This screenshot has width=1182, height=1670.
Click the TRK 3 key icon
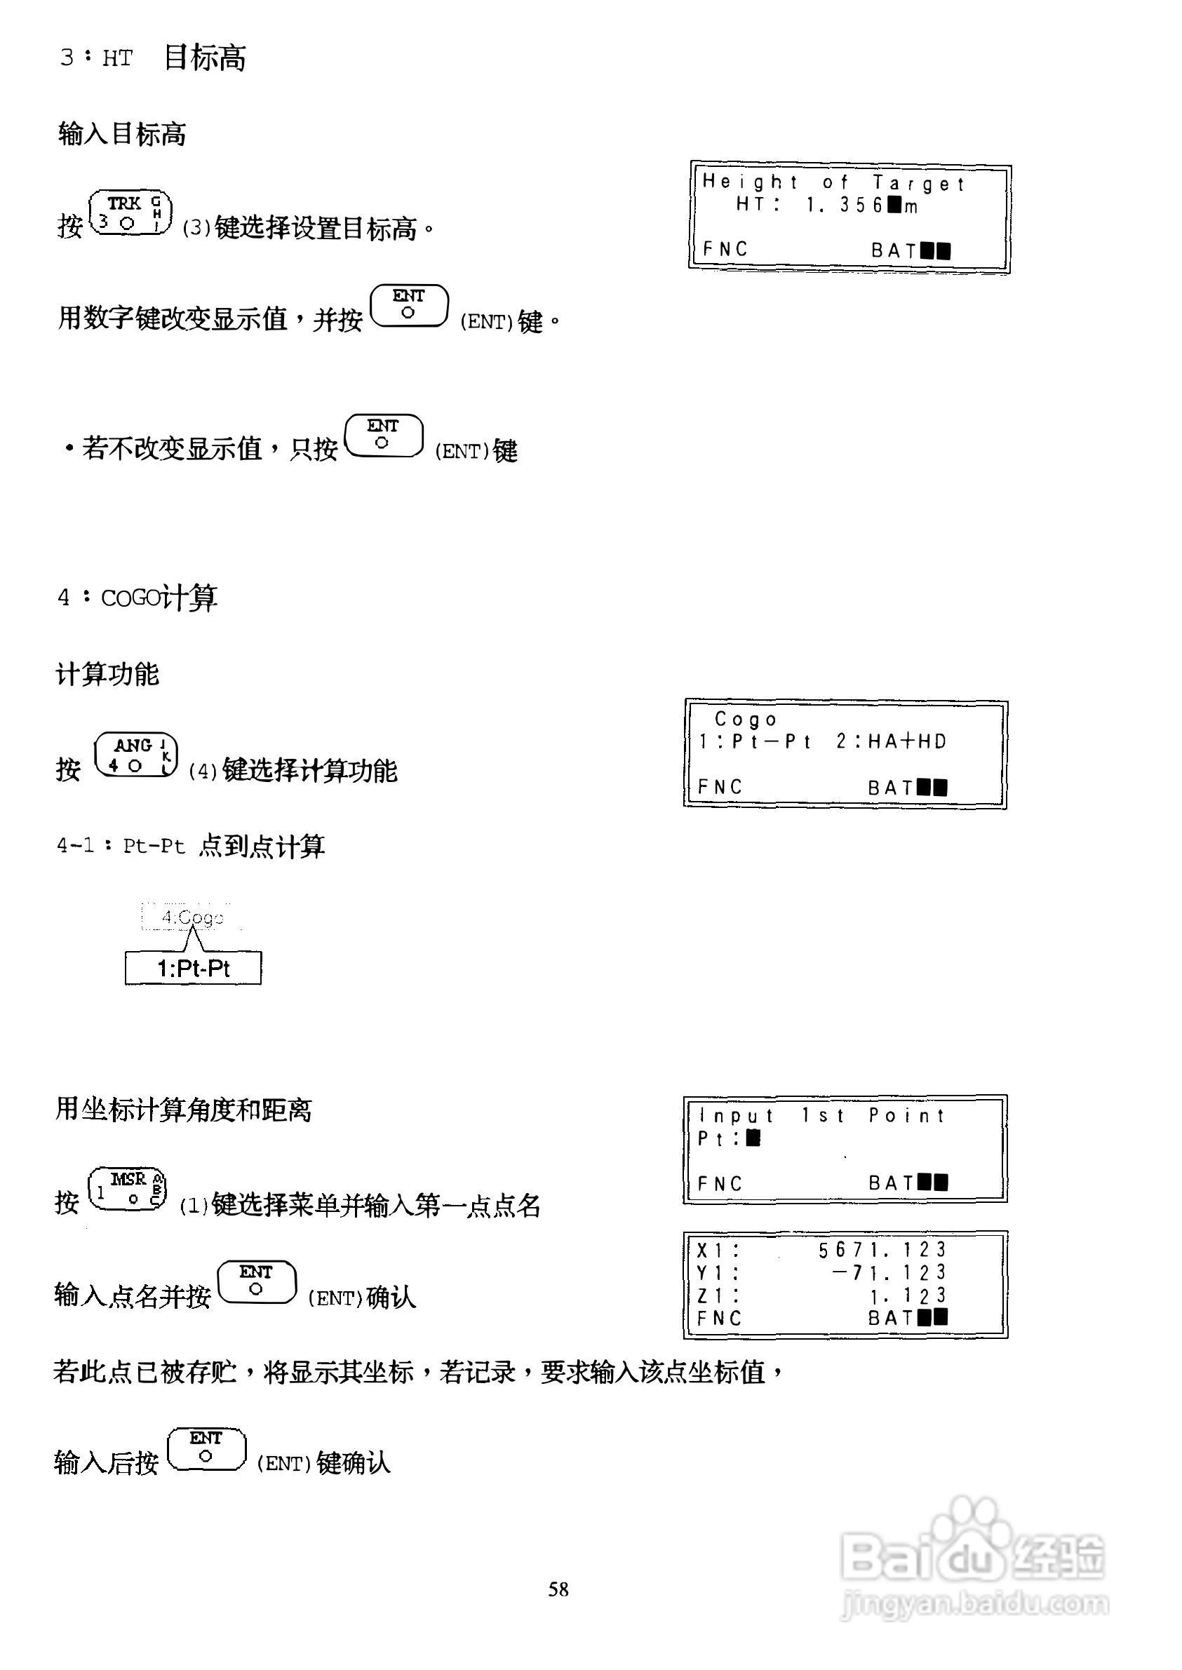point(130,213)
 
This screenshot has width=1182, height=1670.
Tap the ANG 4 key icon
point(136,755)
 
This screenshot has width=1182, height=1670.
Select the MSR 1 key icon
point(128,1189)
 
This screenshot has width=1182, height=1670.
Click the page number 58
point(558,1589)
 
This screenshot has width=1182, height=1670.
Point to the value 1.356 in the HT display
point(844,206)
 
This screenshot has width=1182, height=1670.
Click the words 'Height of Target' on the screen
point(833,182)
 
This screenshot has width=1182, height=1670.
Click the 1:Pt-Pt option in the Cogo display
point(753,741)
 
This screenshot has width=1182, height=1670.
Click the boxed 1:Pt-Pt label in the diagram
point(193,968)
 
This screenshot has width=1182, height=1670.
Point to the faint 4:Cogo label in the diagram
point(192,917)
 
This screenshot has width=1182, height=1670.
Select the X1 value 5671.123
point(880,1250)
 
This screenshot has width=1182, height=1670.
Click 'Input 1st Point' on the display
point(821,1115)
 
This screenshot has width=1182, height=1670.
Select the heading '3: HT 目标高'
point(153,57)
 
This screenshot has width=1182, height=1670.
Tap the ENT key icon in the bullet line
point(384,436)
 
